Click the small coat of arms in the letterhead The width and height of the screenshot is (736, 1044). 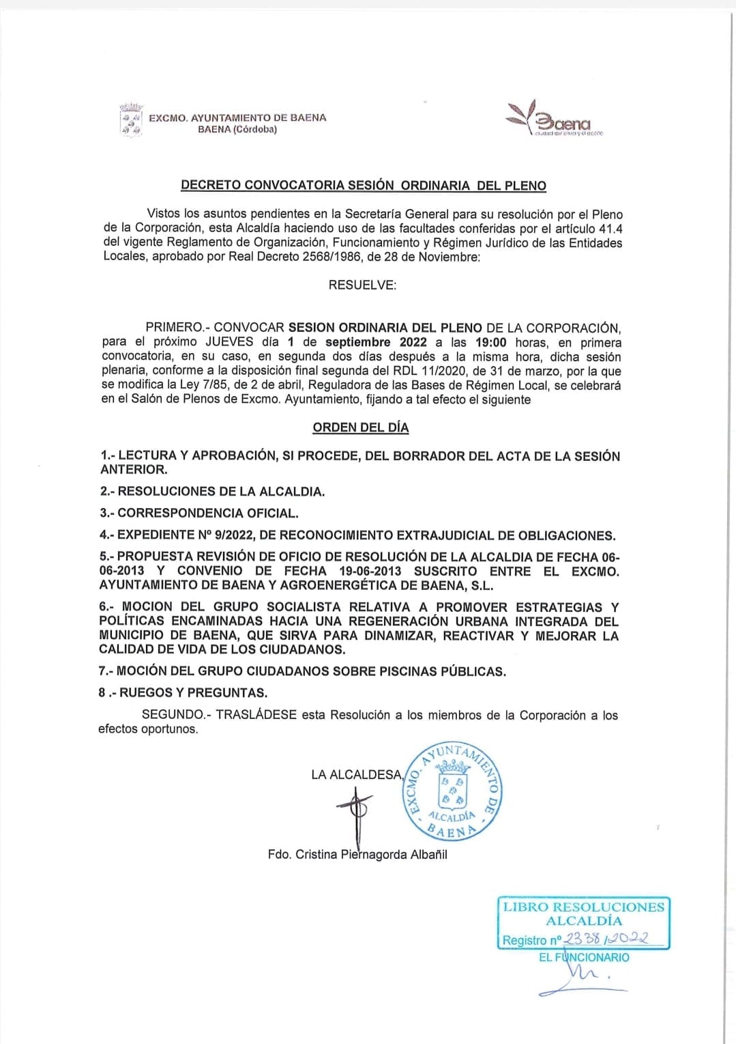pyautogui.click(x=130, y=121)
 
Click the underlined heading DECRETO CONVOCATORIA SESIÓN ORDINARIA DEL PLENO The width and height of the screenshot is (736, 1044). pyautogui.click(x=363, y=185)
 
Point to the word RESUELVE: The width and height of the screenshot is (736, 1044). pyautogui.click(x=362, y=285)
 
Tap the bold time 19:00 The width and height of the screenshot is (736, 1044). pyautogui.click(x=491, y=342)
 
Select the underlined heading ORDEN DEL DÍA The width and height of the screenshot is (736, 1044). pyautogui.click(x=360, y=427)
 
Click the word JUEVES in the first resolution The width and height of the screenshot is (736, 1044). pyautogui.click(x=230, y=342)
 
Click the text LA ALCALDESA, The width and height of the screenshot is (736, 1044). pyautogui.click(x=357, y=774)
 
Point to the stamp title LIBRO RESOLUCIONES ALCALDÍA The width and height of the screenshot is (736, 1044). pyautogui.click(x=583, y=914)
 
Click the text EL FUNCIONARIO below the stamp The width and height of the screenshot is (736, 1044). pyautogui.click(x=584, y=957)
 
